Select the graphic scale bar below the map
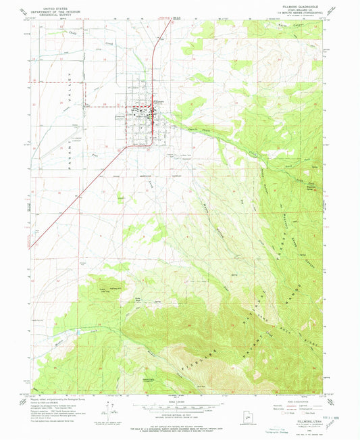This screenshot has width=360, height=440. (x=179, y=398)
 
